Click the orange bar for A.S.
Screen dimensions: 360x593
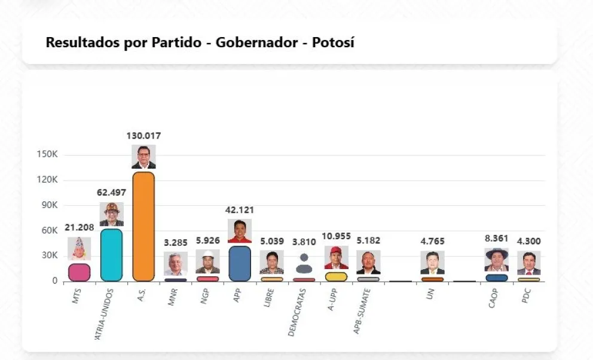[x=143, y=226]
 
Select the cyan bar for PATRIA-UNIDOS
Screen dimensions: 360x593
[x=111, y=255]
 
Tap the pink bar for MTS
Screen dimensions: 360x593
[x=79, y=272]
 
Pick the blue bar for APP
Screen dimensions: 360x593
[x=240, y=263]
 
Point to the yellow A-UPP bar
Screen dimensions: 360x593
[x=336, y=276]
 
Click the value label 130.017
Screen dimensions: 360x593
[x=143, y=136]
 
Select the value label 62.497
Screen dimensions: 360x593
[x=112, y=193]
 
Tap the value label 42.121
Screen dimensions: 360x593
[x=240, y=210]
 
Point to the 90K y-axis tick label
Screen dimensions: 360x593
[x=47, y=205]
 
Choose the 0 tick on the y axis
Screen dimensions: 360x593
[x=54, y=280]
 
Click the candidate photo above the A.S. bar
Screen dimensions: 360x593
[x=143, y=157]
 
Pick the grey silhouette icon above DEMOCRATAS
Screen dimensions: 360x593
[x=304, y=263]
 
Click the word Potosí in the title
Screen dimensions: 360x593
[x=333, y=42]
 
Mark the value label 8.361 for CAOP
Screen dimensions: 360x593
[x=497, y=238]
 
